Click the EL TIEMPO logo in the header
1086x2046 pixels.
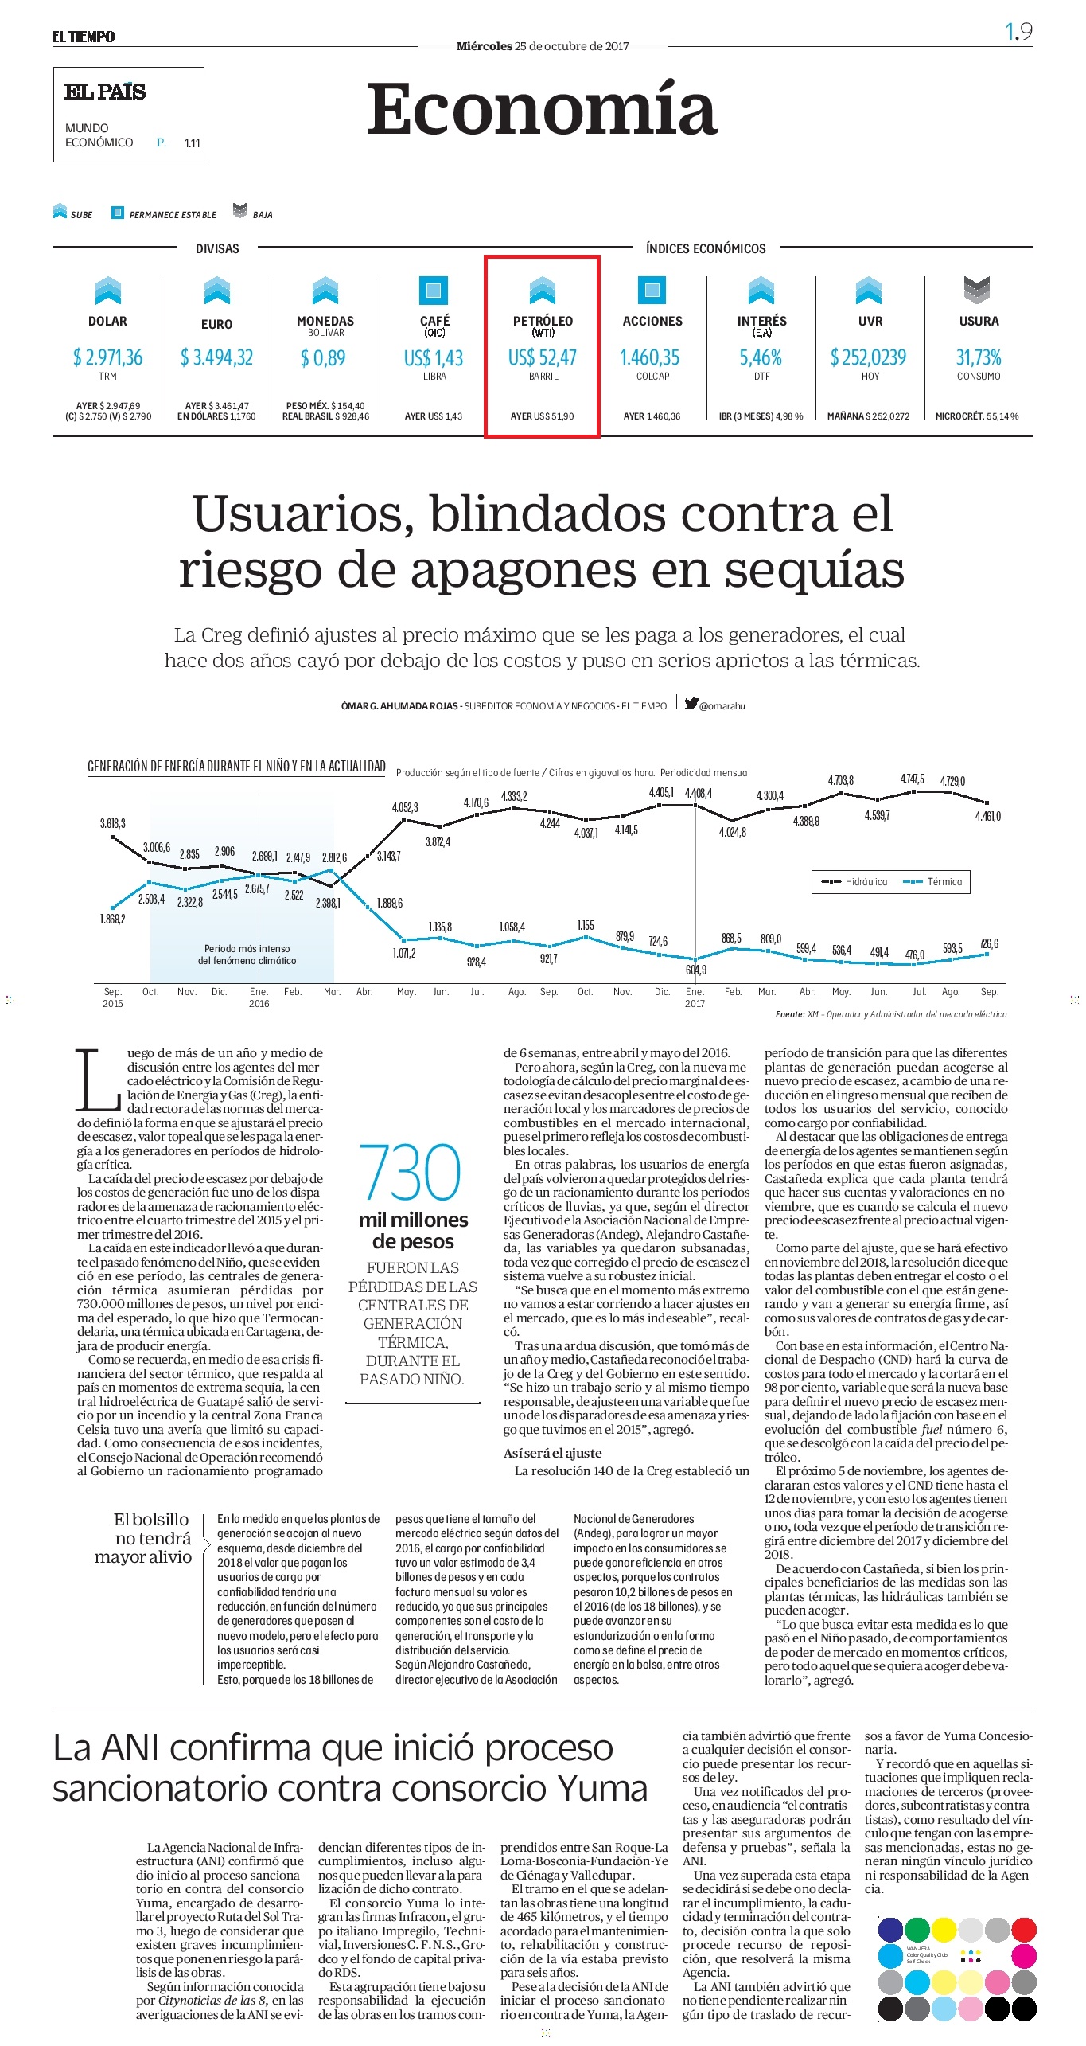(84, 37)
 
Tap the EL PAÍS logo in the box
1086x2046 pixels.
(105, 92)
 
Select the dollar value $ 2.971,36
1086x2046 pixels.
(107, 357)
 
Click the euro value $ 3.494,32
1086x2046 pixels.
(216, 357)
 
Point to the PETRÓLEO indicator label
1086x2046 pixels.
(543, 321)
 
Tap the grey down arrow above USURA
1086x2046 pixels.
(977, 290)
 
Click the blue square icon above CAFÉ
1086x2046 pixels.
(434, 290)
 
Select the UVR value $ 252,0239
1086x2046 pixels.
(868, 357)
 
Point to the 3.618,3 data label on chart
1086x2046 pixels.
(112, 823)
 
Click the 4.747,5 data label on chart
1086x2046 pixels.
(913, 779)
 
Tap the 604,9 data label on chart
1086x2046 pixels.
(696, 970)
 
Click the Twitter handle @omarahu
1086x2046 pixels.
(715, 705)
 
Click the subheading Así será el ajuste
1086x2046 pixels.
(552, 1453)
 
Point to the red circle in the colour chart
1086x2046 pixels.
(1024, 1930)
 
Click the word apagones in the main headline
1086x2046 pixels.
(525, 570)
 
